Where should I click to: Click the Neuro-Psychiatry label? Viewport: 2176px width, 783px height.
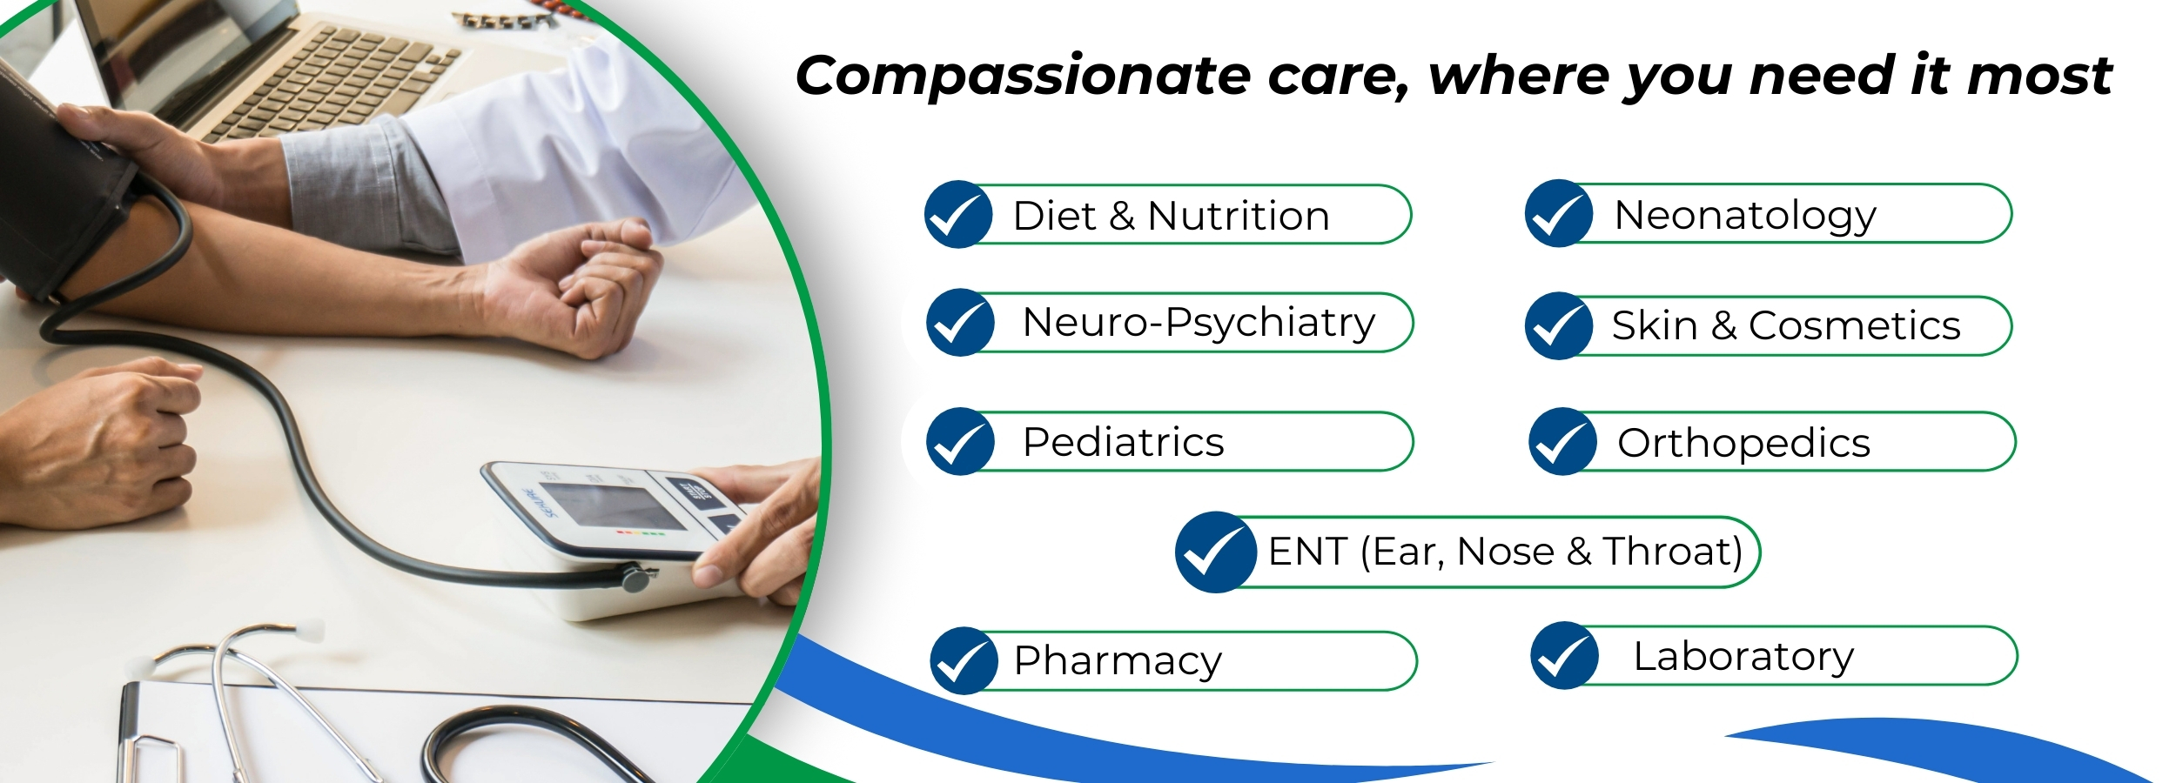(1199, 324)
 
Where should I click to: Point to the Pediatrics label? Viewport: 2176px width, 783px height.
(1123, 442)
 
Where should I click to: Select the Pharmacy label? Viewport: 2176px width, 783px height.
(1118, 662)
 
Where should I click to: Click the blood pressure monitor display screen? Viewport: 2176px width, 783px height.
(610, 505)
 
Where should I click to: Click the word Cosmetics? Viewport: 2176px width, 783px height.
(1855, 326)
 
